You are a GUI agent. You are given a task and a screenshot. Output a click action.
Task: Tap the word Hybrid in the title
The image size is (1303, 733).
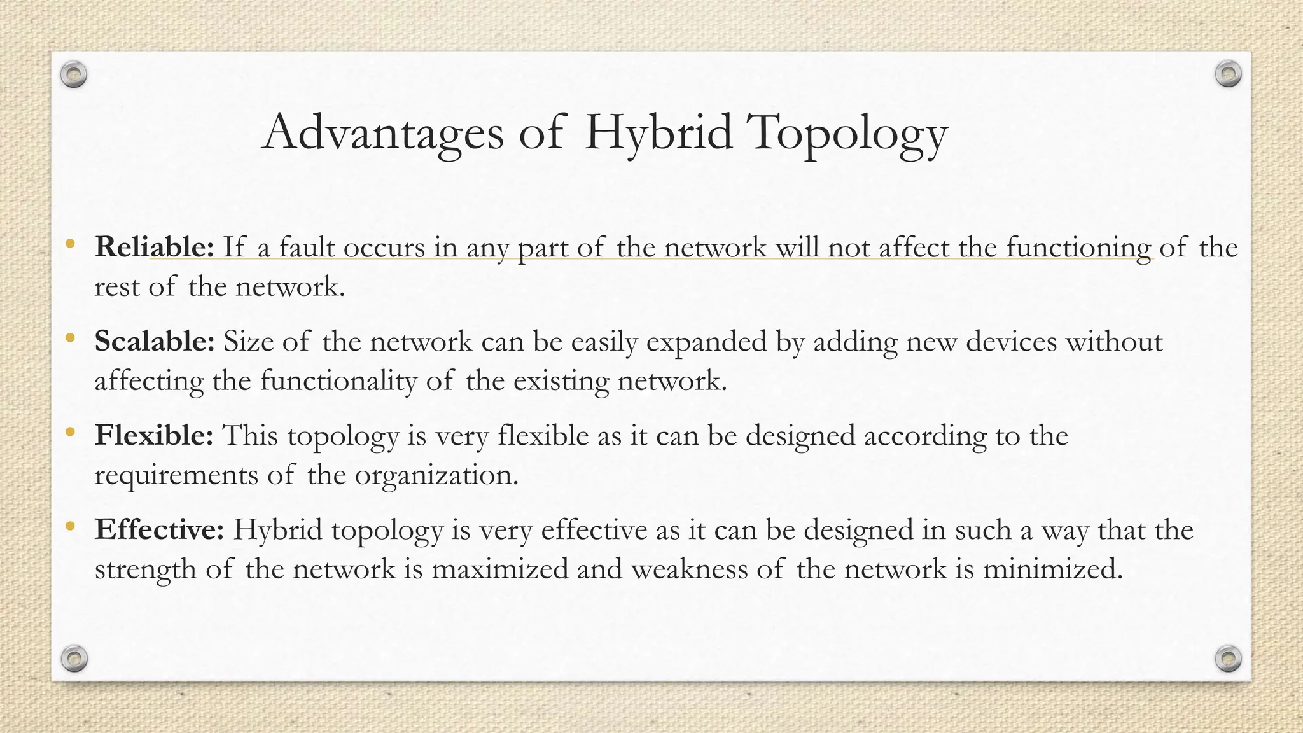click(658, 132)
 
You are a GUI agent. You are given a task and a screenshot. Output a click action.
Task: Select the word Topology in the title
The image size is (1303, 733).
click(847, 134)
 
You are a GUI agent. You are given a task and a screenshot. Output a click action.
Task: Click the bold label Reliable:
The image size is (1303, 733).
click(155, 247)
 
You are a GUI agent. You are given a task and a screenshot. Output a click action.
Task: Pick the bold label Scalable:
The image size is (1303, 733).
click(155, 341)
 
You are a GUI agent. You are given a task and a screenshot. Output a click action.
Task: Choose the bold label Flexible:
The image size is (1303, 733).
click(154, 435)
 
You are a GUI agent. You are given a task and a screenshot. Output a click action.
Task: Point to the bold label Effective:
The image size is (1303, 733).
click(159, 529)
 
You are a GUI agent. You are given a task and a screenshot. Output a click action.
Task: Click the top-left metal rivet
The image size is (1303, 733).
click(74, 75)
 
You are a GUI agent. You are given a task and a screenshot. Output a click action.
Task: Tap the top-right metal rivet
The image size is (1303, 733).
click(1228, 74)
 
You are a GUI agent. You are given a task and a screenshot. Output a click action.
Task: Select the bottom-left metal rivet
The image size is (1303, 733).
click(74, 658)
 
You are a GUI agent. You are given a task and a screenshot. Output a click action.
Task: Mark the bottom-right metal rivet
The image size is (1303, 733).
click(1228, 658)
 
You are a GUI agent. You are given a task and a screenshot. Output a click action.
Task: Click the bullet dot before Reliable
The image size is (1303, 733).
click(71, 243)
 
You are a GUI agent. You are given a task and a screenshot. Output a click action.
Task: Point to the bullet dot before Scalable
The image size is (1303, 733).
click(71, 337)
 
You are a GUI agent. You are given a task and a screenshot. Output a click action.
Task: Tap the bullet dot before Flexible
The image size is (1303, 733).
click(71, 431)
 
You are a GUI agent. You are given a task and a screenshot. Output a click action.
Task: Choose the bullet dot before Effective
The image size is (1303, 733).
click(71, 526)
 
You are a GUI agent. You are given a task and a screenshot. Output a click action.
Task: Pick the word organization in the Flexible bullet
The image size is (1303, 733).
click(436, 475)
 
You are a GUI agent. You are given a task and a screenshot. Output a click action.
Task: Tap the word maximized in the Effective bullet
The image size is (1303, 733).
click(499, 569)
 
